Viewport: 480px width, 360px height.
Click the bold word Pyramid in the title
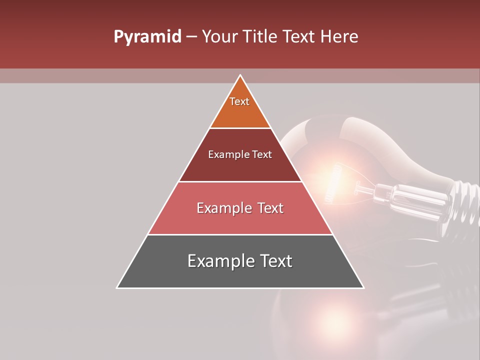pyautogui.click(x=147, y=37)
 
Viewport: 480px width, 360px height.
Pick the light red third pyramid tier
pyautogui.click(x=240, y=220)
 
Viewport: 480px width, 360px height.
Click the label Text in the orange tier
pyautogui.click(x=239, y=101)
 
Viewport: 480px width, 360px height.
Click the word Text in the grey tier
pyautogui.click(x=274, y=261)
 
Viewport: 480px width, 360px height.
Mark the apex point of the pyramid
pyautogui.click(x=240, y=75)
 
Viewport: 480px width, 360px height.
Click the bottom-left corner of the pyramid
pyautogui.click(x=117, y=287)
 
